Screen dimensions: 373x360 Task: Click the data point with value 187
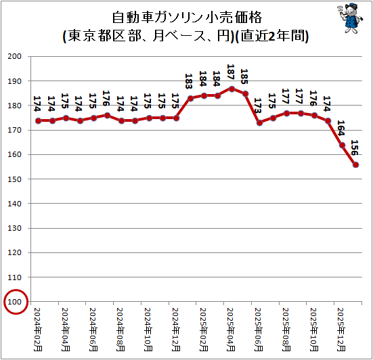[232, 89]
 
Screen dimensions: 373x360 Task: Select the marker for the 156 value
[356, 165]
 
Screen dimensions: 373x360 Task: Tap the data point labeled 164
[342, 145]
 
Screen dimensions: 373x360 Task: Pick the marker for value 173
[259, 123]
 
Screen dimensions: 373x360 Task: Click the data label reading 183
[189, 81]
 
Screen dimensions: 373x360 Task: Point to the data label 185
[244, 76]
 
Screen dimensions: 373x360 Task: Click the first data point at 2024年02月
[39, 121]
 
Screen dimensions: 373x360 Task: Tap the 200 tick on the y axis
[14, 56]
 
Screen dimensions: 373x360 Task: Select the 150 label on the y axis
[14, 179]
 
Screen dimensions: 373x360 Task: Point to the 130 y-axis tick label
[14, 228]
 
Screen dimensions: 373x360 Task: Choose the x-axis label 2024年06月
[93, 330]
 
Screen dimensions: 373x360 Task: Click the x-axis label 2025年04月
[231, 330]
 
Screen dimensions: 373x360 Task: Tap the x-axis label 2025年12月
[341, 330]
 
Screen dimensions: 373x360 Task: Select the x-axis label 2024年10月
[148, 330]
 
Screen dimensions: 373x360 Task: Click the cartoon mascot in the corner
[350, 18]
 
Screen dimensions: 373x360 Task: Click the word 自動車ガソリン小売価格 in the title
[187, 18]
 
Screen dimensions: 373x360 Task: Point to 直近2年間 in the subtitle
[272, 37]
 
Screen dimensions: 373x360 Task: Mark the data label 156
[355, 148]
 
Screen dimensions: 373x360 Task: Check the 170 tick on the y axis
[14, 130]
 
